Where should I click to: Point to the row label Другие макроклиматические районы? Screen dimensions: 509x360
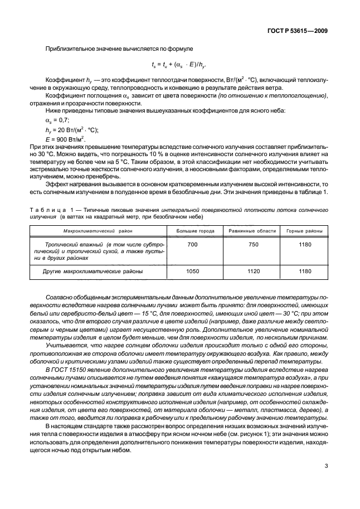click(x=93, y=272)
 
